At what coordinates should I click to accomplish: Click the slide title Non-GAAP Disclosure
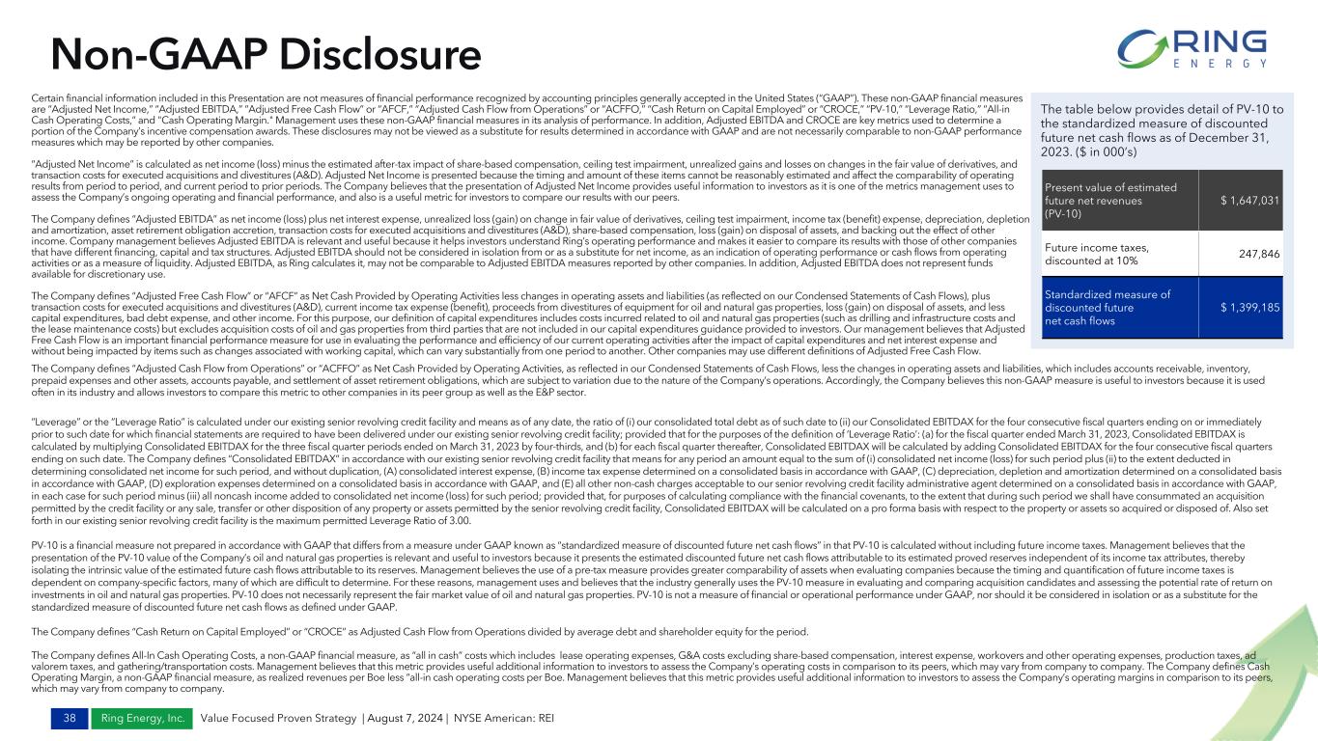coord(266,53)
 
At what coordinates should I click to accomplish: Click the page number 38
coord(42,718)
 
